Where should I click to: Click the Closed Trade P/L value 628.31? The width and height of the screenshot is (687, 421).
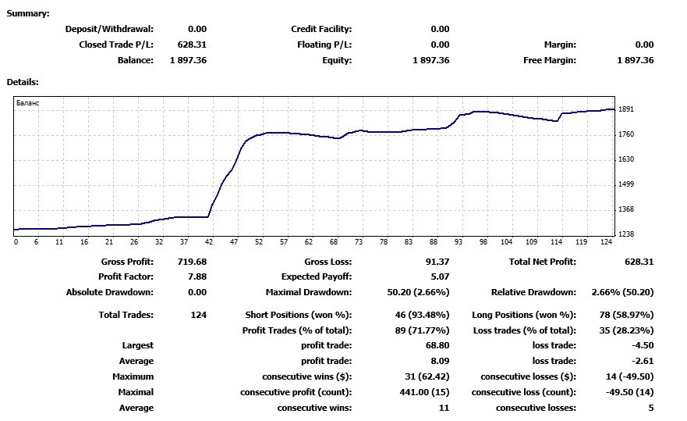pos(192,45)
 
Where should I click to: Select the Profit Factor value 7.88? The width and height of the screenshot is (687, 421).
pos(196,277)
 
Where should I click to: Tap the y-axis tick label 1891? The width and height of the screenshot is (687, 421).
pos(625,109)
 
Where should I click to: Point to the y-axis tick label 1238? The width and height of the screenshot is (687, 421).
pos(625,234)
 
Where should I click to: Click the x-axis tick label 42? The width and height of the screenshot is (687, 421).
pos(209,242)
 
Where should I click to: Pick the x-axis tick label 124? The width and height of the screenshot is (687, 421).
pos(607,242)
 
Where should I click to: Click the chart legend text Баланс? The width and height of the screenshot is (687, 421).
pos(27,103)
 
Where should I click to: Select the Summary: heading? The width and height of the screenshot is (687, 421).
pos(28,13)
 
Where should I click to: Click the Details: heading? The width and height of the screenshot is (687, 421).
pos(23,82)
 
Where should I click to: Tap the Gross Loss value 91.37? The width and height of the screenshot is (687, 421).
pos(437,262)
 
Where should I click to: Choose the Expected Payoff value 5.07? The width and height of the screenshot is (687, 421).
pos(440,277)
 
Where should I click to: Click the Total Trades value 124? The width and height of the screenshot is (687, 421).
pos(199,315)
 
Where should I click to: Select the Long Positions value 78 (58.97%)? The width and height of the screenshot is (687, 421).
pos(626,315)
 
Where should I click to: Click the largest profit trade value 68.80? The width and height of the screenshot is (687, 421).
pos(437,345)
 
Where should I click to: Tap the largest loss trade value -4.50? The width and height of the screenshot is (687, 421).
pos(643,345)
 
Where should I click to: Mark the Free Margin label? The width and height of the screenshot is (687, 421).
pos(550,60)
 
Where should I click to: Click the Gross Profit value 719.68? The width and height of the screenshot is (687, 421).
pos(192,262)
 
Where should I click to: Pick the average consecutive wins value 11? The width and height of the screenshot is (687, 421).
pos(444,408)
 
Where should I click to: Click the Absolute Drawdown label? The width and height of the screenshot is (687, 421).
pos(110,292)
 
